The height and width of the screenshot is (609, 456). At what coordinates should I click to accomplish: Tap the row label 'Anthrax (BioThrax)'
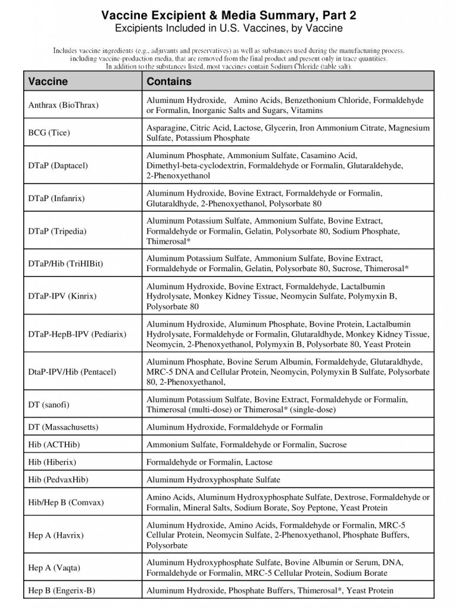click(x=64, y=105)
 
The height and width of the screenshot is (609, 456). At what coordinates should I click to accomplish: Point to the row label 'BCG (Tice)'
click(x=49, y=133)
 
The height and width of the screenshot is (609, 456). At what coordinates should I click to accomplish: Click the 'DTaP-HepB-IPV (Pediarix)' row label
click(x=77, y=334)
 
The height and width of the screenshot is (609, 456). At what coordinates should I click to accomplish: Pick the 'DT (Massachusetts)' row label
click(x=64, y=427)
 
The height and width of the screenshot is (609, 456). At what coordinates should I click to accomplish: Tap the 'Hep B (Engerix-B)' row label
click(x=62, y=591)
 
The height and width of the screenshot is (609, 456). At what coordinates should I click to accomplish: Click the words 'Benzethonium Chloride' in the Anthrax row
click(x=326, y=101)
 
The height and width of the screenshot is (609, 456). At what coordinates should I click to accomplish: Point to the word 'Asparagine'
click(x=167, y=128)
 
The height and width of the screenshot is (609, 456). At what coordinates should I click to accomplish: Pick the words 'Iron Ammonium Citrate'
click(x=343, y=128)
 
